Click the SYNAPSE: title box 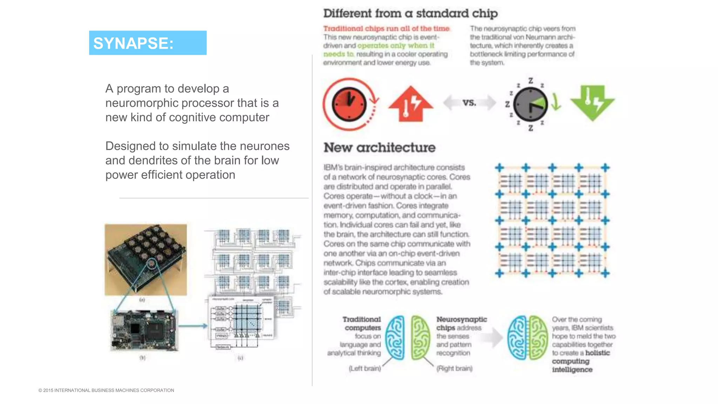tap(148, 43)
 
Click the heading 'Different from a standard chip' tap(410, 14)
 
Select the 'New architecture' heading tap(379, 148)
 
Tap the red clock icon tap(349, 104)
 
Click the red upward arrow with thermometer tap(411, 104)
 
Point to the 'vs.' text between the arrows tap(469, 103)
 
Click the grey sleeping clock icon tap(530, 104)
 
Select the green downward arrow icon tap(592, 103)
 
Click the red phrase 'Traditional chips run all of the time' tap(386, 29)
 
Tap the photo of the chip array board tap(145, 260)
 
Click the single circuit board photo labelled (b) tap(144, 330)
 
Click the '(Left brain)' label tap(365, 369)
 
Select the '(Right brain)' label tap(454, 369)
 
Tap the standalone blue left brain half tap(395, 337)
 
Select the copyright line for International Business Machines tap(106, 390)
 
